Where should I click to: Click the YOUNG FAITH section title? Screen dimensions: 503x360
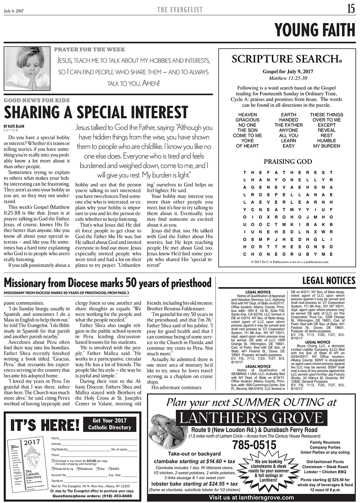click(x=315, y=30)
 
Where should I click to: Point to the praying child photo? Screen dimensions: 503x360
click(x=26, y=68)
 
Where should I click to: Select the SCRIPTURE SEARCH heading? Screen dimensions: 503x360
click(x=287, y=59)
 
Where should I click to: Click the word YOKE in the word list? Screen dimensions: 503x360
click(x=247, y=141)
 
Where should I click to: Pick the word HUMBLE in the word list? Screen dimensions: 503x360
click(x=326, y=141)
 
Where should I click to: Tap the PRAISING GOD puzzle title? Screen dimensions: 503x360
click(x=288, y=162)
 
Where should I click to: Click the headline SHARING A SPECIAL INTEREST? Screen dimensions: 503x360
click(x=96, y=112)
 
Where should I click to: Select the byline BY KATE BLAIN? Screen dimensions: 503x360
click(x=14, y=126)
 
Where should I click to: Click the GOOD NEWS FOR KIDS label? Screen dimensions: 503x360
click(x=37, y=100)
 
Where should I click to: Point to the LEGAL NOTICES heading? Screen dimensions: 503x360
click(x=329, y=280)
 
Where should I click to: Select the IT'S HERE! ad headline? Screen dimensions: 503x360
click(x=45, y=425)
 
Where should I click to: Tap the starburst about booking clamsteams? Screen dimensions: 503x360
click(x=268, y=471)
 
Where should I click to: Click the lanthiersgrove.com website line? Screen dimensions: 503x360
click(x=251, y=497)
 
